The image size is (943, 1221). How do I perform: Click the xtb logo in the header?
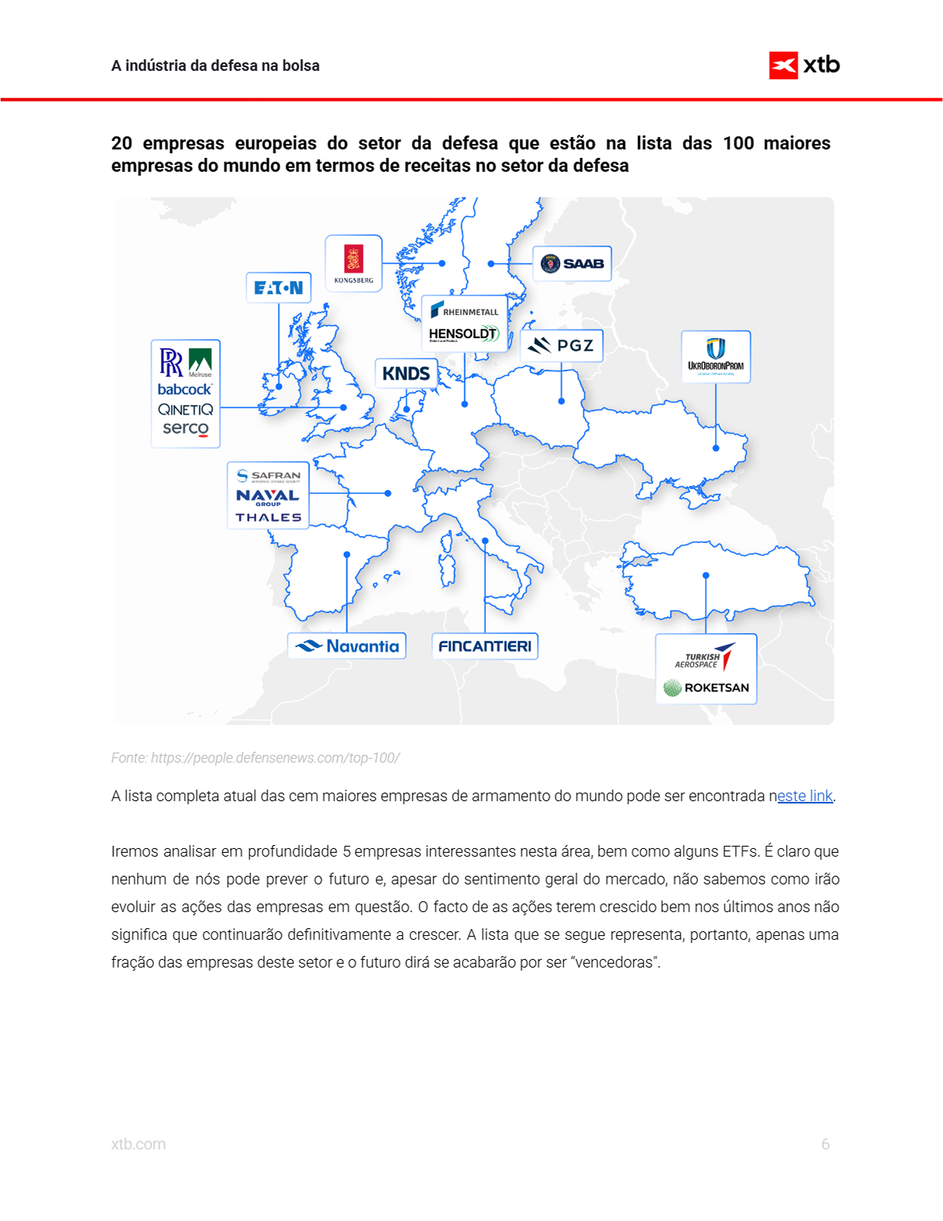[x=804, y=65]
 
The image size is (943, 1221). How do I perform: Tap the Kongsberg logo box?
[x=353, y=263]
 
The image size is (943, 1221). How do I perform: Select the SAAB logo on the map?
[x=572, y=263]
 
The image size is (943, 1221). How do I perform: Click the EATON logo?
[x=279, y=288]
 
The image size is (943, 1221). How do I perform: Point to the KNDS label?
[x=406, y=374]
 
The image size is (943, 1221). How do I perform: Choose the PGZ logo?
[x=562, y=345]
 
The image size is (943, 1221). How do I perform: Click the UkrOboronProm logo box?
[x=716, y=357]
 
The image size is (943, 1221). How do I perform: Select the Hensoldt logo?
[x=464, y=334]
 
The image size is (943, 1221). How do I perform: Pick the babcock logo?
[x=185, y=390]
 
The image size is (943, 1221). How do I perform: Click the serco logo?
[x=186, y=428]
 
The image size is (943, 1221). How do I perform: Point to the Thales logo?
[x=269, y=518]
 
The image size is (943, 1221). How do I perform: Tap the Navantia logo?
[x=347, y=646]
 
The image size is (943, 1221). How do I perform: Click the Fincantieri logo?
[x=485, y=646]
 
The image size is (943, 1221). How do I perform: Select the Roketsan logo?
[x=707, y=687]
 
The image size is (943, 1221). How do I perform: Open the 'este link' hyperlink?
[x=805, y=796]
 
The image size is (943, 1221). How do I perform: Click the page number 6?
[x=825, y=1144]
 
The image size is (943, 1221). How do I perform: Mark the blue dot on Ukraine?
[x=716, y=448]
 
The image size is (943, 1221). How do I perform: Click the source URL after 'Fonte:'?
[x=275, y=758]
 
